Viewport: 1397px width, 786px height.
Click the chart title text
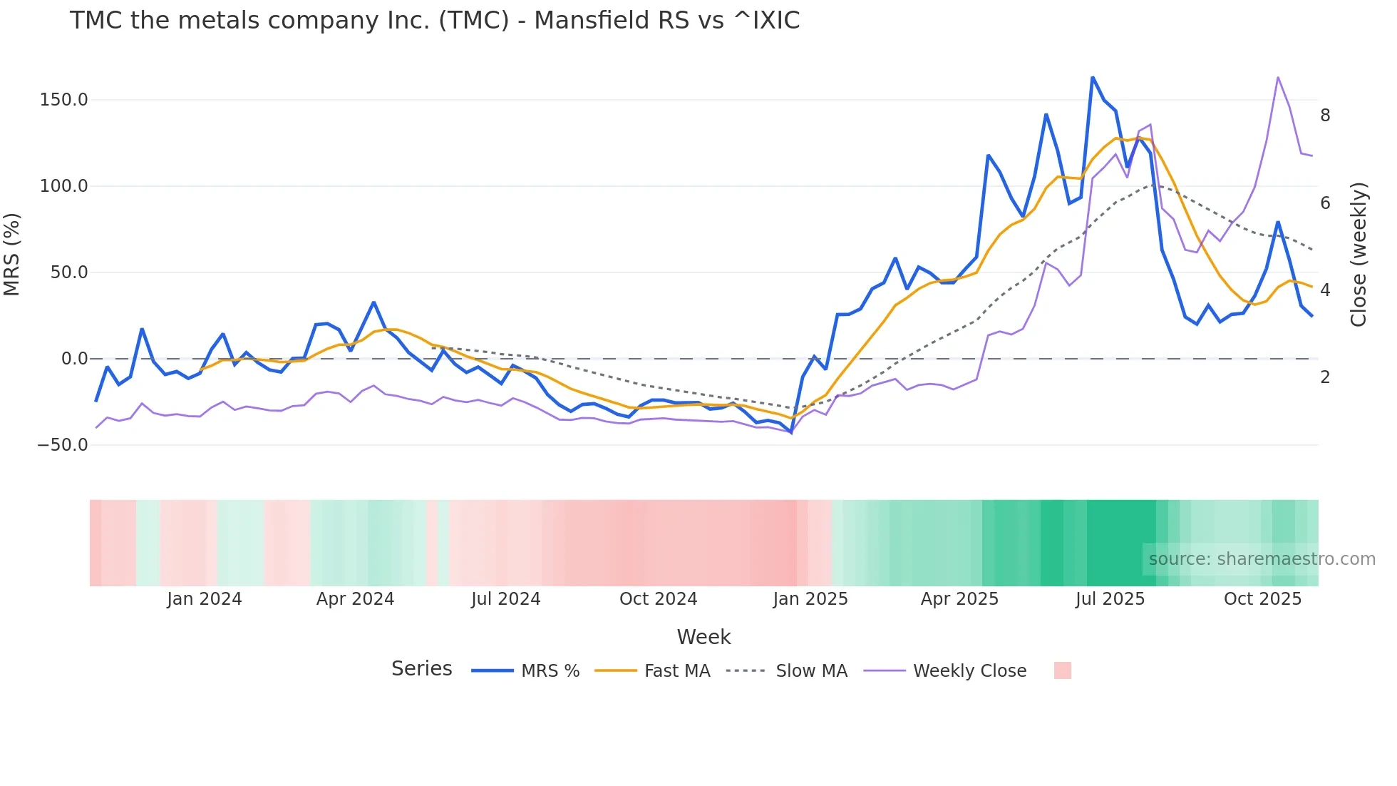[x=434, y=21]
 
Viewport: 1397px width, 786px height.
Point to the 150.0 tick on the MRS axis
[x=63, y=100]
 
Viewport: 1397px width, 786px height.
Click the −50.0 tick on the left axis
[x=63, y=445]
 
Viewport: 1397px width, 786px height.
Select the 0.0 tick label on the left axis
[x=74, y=359]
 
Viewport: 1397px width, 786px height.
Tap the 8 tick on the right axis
[x=1325, y=116]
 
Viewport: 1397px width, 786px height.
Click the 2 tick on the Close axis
[x=1325, y=377]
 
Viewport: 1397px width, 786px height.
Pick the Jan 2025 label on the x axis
[x=810, y=599]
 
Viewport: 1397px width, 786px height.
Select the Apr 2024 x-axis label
[x=355, y=599]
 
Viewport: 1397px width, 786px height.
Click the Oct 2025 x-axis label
[x=1262, y=599]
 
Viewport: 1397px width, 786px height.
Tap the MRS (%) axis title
[x=12, y=255]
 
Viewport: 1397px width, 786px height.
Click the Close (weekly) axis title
[x=1359, y=255]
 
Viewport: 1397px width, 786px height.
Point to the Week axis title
[x=703, y=637]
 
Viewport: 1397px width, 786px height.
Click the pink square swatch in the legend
[x=1062, y=670]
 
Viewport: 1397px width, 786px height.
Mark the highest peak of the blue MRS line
[x=1092, y=78]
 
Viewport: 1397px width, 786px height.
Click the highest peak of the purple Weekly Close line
[x=1278, y=78]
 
